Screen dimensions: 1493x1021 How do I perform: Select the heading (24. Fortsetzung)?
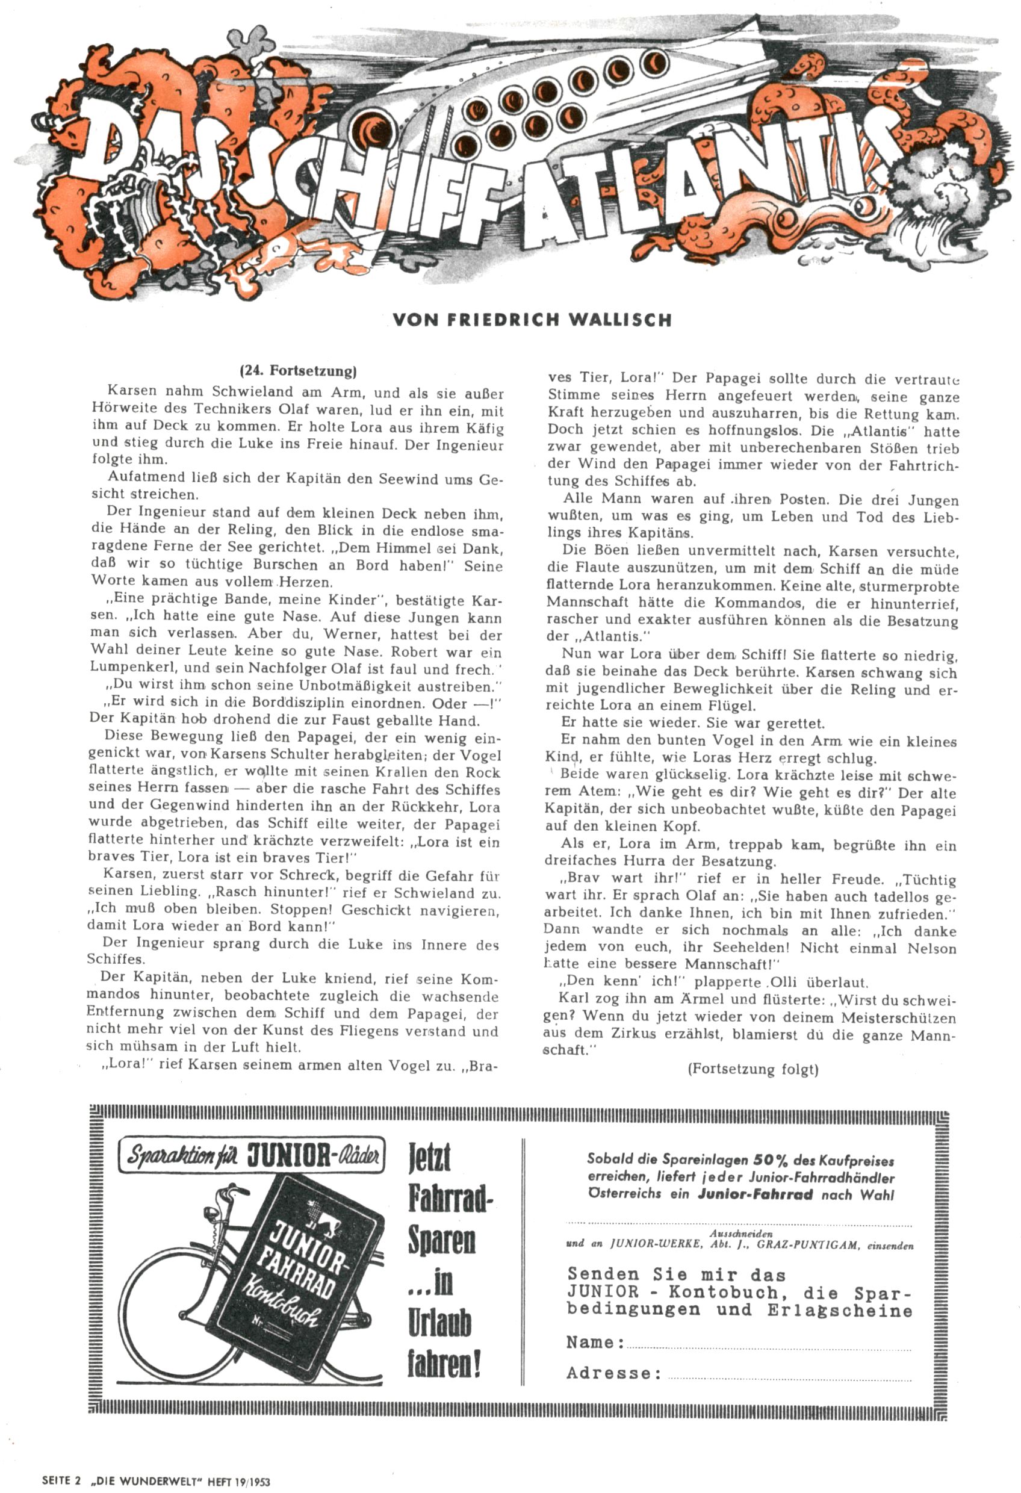click(297, 371)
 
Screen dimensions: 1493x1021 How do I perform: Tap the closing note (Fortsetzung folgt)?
click(753, 1069)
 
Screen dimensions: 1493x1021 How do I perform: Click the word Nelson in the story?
click(931, 948)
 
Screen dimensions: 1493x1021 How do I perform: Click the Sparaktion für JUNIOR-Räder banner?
click(252, 1156)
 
